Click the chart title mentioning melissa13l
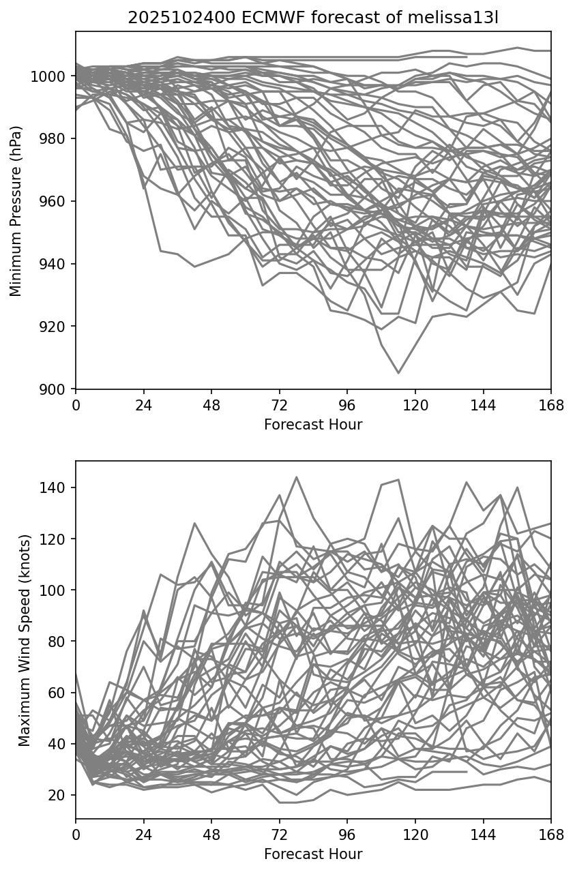tap(313, 18)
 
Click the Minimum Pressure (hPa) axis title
tap(16, 211)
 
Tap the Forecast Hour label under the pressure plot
tap(313, 425)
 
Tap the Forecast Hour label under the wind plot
tap(313, 854)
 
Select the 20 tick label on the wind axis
tap(59, 795)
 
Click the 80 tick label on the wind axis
tap(59, 642)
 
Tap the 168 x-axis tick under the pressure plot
tap(551, 406)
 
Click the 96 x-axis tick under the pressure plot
tap(347, 406)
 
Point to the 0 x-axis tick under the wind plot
tap(76, 835)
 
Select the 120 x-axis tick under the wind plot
tap(415, 835)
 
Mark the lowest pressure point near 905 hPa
tap(398, 373)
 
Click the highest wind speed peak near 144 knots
tap(296, 477)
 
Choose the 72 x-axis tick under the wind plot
tap(279, 835)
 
